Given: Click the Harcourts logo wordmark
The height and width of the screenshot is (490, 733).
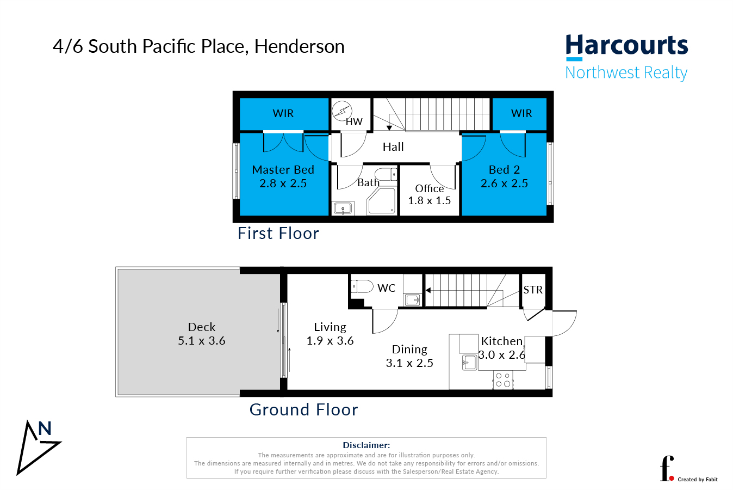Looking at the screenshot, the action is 626,46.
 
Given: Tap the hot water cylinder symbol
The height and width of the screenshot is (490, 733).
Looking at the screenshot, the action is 342,111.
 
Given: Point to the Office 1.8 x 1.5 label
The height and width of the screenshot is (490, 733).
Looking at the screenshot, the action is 430,194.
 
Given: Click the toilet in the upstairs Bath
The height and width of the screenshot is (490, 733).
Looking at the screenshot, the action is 386,174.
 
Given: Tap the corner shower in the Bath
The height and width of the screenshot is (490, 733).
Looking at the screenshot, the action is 382,201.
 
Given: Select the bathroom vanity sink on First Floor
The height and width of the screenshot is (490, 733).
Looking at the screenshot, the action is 343,209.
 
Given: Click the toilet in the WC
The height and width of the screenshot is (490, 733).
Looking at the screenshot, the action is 362,286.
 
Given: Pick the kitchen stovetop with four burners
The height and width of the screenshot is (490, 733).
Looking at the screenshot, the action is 503,380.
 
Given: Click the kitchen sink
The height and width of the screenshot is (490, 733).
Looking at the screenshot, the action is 469,362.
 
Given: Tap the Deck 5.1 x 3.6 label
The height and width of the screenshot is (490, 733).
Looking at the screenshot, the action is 202,334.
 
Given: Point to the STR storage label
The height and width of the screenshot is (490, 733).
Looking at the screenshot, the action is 533,290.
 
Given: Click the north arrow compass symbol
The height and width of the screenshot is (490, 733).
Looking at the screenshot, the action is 38,447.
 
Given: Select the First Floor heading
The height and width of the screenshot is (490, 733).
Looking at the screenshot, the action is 278,233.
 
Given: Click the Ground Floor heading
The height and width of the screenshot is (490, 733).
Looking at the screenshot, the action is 303,409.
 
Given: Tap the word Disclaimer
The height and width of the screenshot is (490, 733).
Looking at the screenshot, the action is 366,445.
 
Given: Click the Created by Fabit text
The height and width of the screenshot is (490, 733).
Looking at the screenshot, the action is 697,480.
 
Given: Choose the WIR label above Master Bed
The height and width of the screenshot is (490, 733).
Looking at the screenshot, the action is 283,113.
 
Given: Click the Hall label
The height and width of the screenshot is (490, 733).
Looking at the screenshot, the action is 393,147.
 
